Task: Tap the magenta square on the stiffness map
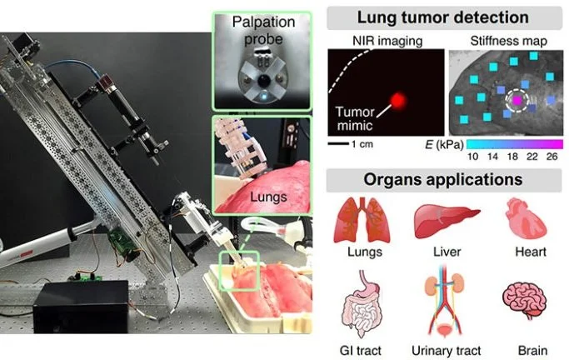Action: tap(517, 100)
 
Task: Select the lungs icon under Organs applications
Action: tap(355, 219)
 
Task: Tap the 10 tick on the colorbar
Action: tap(472, 157)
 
